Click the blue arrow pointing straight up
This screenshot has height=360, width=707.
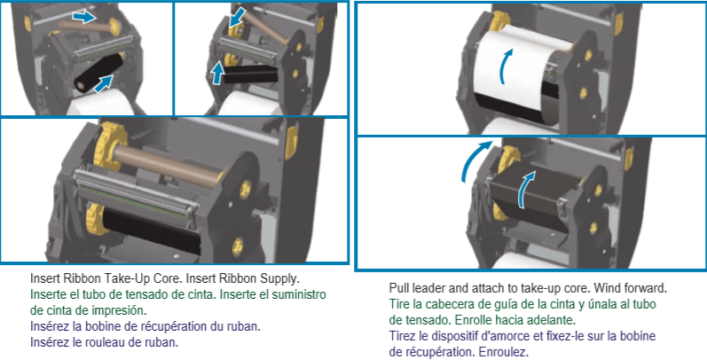(216, 71)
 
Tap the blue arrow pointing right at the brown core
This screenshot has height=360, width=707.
(83, 16)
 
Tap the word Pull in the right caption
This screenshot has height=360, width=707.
(401, 289)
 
